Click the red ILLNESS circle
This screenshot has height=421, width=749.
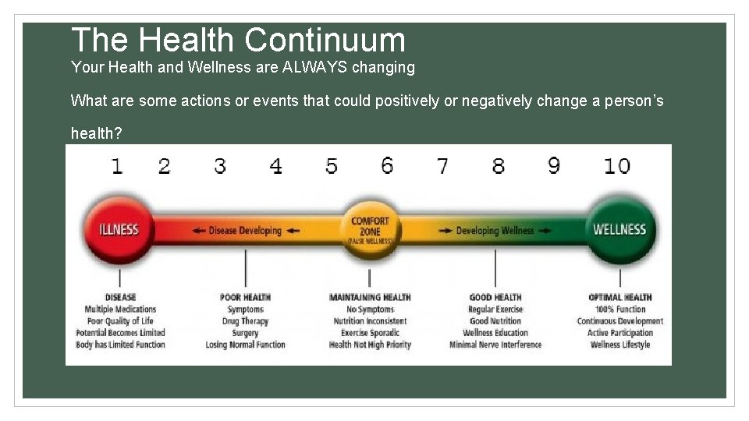(119, 229)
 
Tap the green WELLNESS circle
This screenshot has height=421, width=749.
(619, 229)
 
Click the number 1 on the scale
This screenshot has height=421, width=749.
(117, 166)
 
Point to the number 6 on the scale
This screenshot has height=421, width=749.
(387, 165)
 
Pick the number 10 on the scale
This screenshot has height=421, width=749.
(616, 166)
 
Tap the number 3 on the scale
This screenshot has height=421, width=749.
(220, 166)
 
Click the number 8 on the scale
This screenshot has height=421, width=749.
(498, 166)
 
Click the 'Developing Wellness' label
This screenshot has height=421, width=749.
(495, 231)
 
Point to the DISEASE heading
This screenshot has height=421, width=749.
(120, 297)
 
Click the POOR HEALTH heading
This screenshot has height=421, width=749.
(246, 297)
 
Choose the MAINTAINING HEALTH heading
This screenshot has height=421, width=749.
(370, 297)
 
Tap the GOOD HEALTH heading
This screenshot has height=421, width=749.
(495, 297)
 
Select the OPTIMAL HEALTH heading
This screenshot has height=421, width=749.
(620, 297)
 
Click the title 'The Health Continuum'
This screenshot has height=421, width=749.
(238, 40)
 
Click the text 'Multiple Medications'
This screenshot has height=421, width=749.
(120, 310)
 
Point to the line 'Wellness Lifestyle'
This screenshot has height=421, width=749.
(620, 345)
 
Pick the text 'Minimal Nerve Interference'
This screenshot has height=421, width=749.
(495, 345)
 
